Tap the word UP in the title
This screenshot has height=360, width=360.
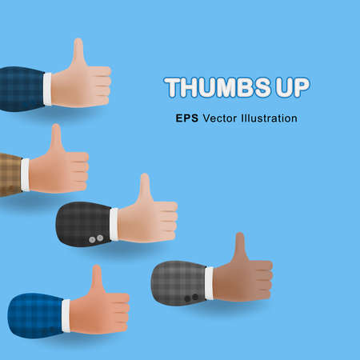(290, 87)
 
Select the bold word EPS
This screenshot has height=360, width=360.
(188, 118)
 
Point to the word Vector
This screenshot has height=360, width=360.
(223, 118)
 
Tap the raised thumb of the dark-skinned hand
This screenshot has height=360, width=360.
(239, 247)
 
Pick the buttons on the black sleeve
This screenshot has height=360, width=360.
(95, 238)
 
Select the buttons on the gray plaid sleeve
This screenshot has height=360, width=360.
(190, 298)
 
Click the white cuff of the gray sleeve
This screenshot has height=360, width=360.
(209, 283)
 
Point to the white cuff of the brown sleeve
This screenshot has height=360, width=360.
(25, 174)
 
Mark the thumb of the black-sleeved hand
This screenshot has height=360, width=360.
(144, 187)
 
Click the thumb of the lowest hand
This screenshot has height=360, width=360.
(97, 278)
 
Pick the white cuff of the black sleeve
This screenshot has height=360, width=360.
(114, 223)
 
